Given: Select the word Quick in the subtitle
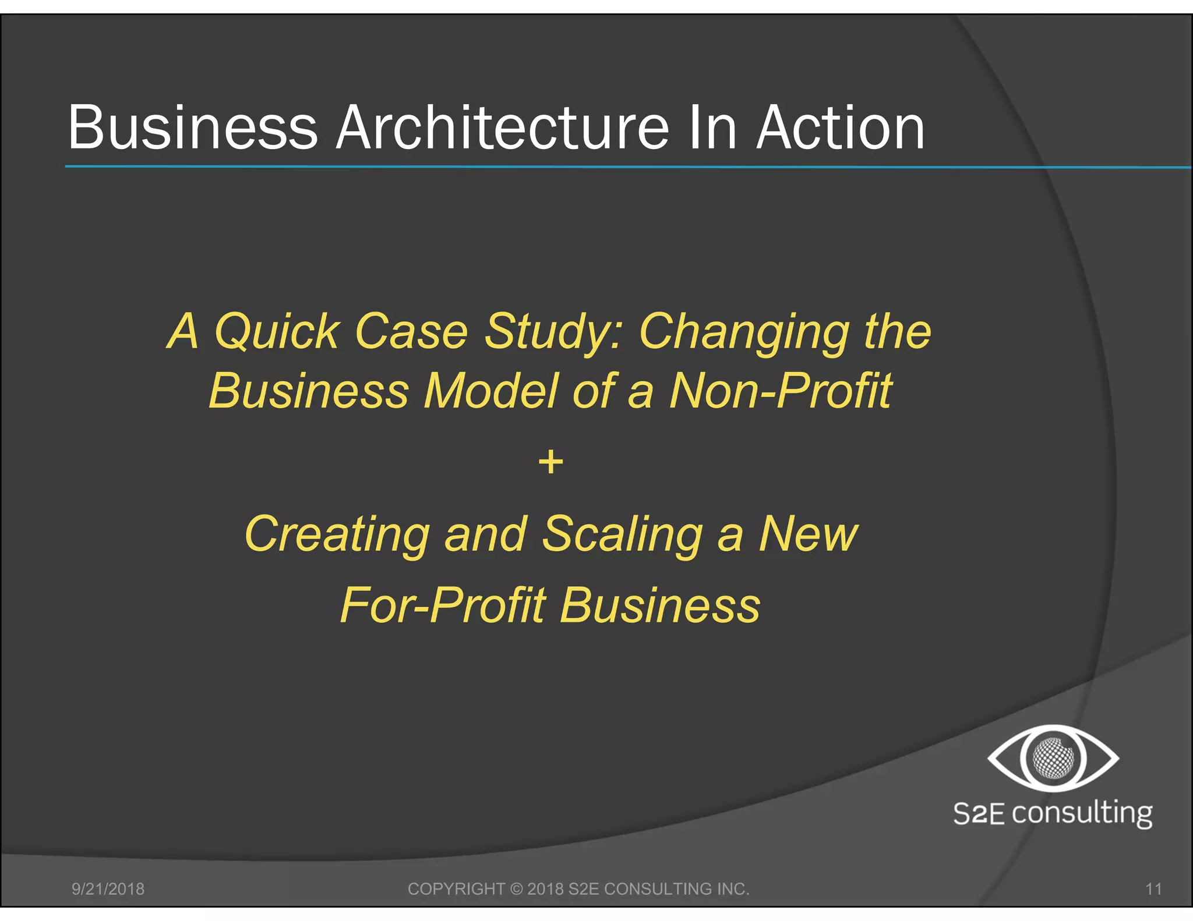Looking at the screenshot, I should click(277, 331).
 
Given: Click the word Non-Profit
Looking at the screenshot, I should click(781, 391).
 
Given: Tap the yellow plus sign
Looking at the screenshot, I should click(550, 463).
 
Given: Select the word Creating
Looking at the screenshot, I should click(337, 534).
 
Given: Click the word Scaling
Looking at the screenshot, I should click(622, 534).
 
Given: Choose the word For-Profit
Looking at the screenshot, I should click(443, 605).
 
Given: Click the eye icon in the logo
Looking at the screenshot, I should click(1053, 758).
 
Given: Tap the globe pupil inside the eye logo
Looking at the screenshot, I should click(1053, 758).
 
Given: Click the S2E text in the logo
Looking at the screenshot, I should click(978, 813).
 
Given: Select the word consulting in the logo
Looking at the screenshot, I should click(1082, 813).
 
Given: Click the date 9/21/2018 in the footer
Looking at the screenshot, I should click(108, 889).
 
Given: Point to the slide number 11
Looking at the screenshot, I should click(1153, 889).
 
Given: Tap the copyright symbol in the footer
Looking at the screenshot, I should click(516, 889).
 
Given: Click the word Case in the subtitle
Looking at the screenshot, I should click(411, 331).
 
